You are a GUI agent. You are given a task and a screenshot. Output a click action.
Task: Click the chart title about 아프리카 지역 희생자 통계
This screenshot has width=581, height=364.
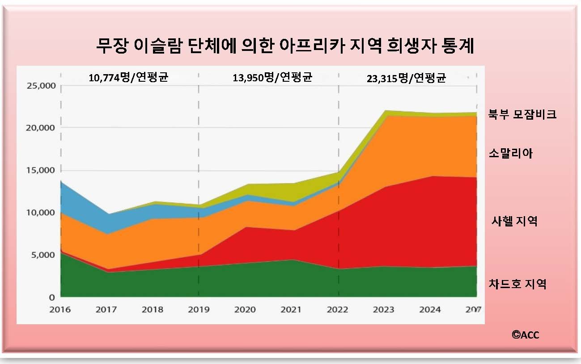[x=285, y=46]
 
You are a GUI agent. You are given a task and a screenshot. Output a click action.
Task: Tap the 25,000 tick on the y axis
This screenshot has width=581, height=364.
[x=38, y=86]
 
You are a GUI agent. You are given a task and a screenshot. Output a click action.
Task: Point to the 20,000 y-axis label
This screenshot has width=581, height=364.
[x=38, y=128]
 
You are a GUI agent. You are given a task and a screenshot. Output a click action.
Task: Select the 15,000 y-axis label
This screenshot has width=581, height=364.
[x=38, y=170]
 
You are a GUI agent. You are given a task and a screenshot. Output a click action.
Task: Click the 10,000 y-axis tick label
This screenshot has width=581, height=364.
[x=38, y=213]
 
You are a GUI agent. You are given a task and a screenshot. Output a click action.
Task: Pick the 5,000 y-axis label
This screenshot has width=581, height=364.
[x=40, y=255]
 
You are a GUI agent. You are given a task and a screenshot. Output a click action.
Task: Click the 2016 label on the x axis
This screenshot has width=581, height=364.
[x=60, y=309]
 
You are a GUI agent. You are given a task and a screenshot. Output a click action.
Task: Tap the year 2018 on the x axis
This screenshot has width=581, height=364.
[x=153, y=309]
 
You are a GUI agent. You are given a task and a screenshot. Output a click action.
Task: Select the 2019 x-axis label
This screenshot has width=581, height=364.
[x=199, y=309]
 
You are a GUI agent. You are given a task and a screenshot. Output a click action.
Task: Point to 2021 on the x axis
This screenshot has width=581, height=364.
[x=291, y=309]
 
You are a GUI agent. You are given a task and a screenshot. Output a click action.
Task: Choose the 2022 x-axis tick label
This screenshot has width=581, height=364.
[x=338, y=309]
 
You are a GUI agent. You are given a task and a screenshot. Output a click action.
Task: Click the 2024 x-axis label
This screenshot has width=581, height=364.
[x=430, y=309]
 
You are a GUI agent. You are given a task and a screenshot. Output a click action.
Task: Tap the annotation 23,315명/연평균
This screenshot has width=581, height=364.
[x=407, y=78]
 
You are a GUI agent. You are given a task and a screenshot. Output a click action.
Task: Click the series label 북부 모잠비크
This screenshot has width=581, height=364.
[x=522, y=114]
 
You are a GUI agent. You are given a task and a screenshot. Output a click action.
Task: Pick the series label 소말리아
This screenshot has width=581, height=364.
[x=511, y=154]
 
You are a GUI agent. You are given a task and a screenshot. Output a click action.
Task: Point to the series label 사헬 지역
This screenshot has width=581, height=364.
[x=514, y=221]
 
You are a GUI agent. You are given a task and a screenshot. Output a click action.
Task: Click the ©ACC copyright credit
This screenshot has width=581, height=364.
[x=526, y=335]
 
